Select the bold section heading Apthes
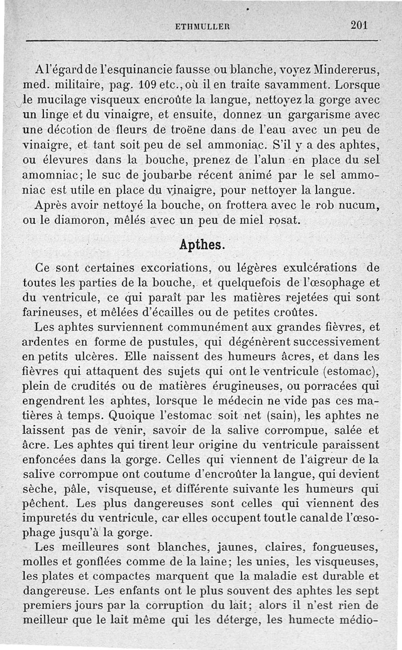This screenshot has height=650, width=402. (202, 245)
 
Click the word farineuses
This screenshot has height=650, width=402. (53, 312)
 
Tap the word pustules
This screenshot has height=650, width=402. (175, 343)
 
